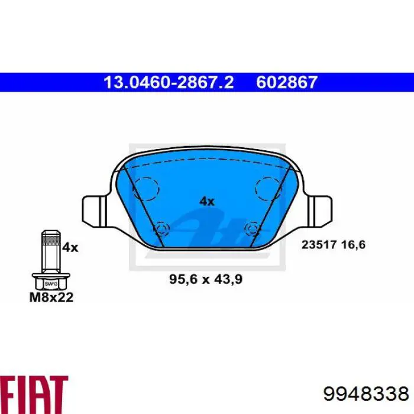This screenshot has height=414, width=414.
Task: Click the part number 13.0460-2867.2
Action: click(169, 82)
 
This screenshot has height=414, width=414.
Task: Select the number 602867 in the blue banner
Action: click(287, 82)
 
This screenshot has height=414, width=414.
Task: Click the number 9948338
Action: click(366, 394)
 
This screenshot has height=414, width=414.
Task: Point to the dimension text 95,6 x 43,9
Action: click(206, 279)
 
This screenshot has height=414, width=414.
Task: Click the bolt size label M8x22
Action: click(51, 297)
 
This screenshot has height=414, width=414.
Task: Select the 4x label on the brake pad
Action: click(207, 202)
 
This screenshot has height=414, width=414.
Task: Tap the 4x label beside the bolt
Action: click(70, 248)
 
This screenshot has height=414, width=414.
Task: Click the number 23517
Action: click(319, 244)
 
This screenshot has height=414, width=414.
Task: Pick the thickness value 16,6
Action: click(353, 244)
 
